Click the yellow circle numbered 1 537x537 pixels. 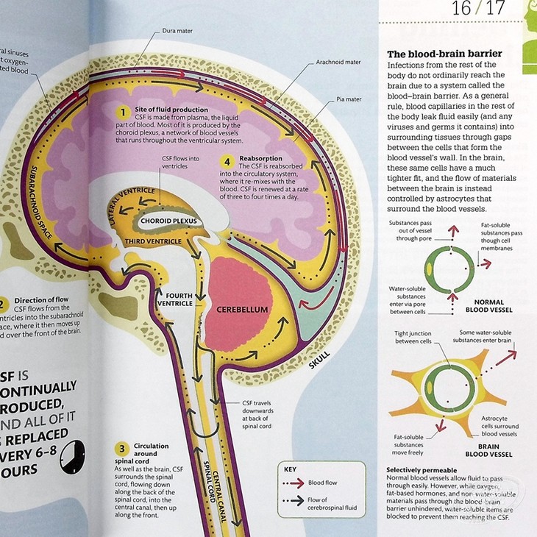(124, 112)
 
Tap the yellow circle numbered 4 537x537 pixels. (227, 160)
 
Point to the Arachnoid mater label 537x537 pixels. (337, 63)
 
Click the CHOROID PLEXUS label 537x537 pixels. (162, 220)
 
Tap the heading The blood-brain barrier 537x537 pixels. (444, 54)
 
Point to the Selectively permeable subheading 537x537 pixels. (422, 469)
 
